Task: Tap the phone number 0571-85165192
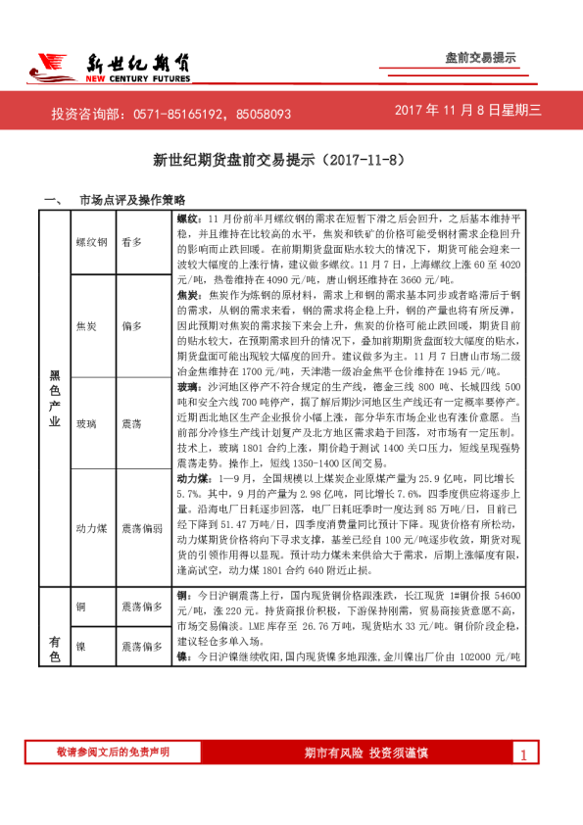click(x=179, y=114)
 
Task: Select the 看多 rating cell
click(x=131, y=241)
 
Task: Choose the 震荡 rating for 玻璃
click(x=131, y=422)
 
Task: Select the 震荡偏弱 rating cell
click(x=142, y=527)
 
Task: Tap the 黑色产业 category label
click(x=55, y=402)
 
